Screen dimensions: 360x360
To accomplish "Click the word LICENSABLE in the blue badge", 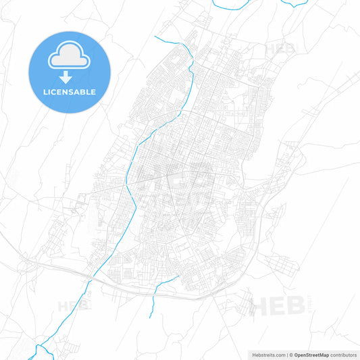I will pos(69,92).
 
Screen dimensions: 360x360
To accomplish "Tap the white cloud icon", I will pos(69,58).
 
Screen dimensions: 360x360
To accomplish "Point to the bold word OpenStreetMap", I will pos(311,355).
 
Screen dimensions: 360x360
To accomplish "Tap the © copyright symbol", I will pos(291,355).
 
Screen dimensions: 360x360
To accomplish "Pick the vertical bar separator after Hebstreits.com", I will pos(286,355).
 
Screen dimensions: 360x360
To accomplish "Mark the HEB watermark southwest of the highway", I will pos(73,306).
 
